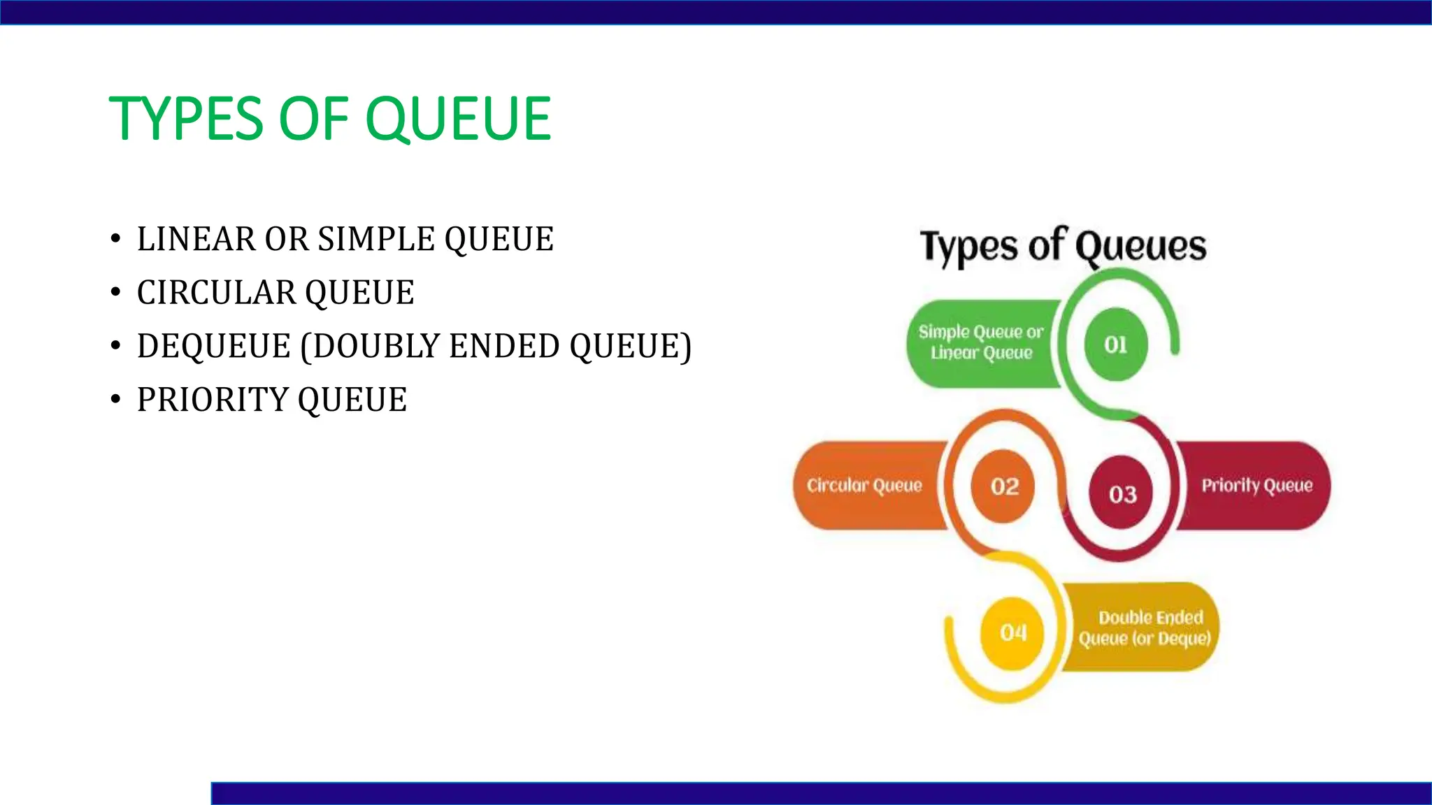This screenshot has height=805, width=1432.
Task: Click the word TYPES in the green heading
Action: (x=186, y=119)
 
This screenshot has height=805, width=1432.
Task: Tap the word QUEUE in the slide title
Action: (x=458, y=119)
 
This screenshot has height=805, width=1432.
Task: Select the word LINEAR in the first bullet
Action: (x=196, y=240)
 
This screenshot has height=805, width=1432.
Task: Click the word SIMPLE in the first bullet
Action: (x=377, y=240)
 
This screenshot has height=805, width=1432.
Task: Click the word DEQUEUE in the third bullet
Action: (x=213, y=347)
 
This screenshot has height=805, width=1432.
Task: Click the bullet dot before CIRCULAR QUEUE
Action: (x=115, y=293)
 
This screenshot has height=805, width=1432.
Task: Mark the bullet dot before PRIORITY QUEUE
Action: (x=115, y=400)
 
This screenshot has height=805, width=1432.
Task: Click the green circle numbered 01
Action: (x=1115, y=345)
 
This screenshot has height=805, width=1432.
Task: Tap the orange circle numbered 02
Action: (x=1003, y=486)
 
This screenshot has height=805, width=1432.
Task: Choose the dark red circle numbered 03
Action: (x=1122, y=493)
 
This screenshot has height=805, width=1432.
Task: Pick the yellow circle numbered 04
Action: (x=1012, y=632)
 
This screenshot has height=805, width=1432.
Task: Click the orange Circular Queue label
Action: (x=865, y=486)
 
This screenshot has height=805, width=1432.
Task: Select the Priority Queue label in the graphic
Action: (x=1256, y=486)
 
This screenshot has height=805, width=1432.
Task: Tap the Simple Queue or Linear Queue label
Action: (x=980, y=342)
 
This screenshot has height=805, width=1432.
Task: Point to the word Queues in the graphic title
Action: (x=1140, y=247)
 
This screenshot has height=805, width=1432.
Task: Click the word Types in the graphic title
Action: (x=968, y=247)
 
